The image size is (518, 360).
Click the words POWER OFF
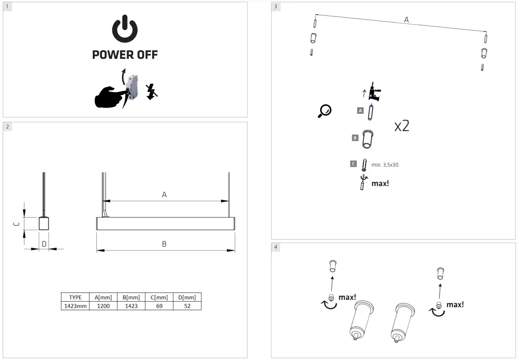pos(125,55)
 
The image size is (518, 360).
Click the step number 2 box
pos(8,127)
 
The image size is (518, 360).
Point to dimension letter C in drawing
pos(16,224)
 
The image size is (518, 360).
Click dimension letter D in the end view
pos(44,244)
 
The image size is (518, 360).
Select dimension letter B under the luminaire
pos(164,244)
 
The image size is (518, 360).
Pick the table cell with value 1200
pos(103,306)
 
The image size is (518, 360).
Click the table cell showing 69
pos(159,306)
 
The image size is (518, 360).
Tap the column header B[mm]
pos(131,297)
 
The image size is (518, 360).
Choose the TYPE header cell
pos(75,297)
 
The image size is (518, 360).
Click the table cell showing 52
pos(187,306)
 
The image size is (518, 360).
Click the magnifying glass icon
pos(324,111)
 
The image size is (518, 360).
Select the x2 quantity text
pos(402,126)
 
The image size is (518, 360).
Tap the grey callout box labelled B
pos(355,138)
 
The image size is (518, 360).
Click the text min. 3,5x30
pos(388,165)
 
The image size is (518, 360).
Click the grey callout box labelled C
pos(353,164)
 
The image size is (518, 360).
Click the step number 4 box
pos(276,247)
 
